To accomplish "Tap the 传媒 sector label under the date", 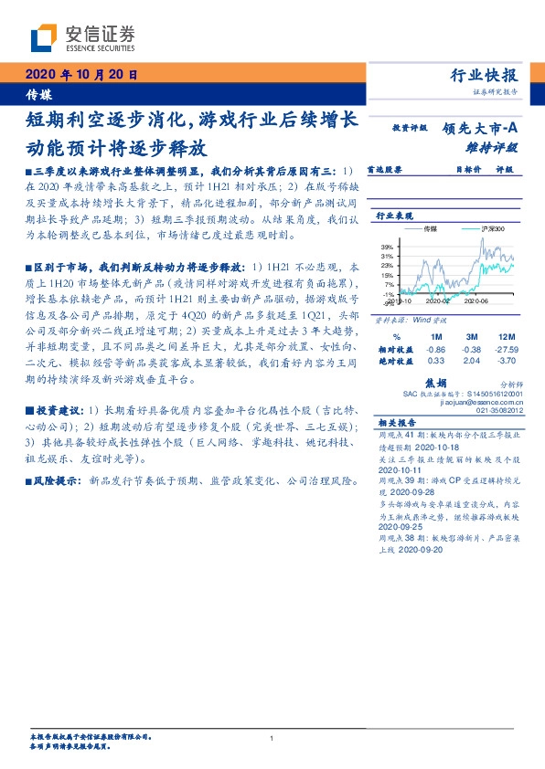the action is pos(38,95).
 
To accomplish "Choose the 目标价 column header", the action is pos(468,170).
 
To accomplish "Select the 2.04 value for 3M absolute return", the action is pos(472,362).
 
